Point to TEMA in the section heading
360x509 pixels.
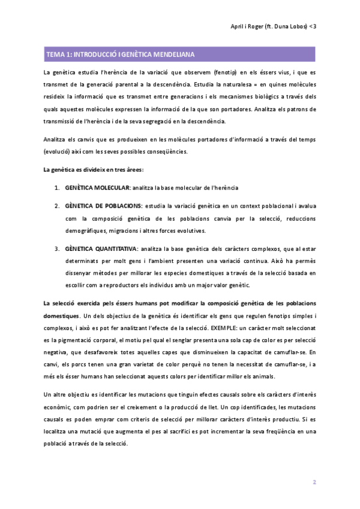56,55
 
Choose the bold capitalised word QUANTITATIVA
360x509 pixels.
113,248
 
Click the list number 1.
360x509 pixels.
57,188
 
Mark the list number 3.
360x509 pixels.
57,248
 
